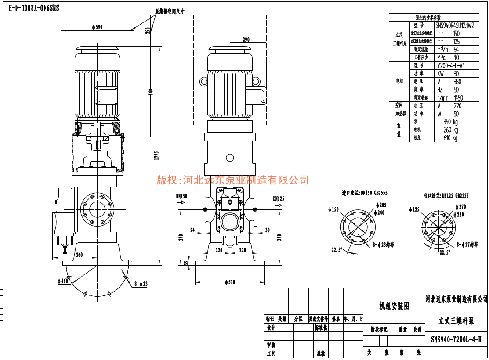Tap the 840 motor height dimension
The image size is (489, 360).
tap(150, 92)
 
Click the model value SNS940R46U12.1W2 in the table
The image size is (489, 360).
tap(455, 25)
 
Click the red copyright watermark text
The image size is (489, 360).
tap(233, 180)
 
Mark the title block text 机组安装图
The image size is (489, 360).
tap(394, 306)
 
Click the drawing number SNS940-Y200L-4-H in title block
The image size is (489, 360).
tap(456, 339)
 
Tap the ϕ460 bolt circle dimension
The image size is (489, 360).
tap(63, 281)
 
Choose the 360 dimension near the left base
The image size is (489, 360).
tap(79, 255)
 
